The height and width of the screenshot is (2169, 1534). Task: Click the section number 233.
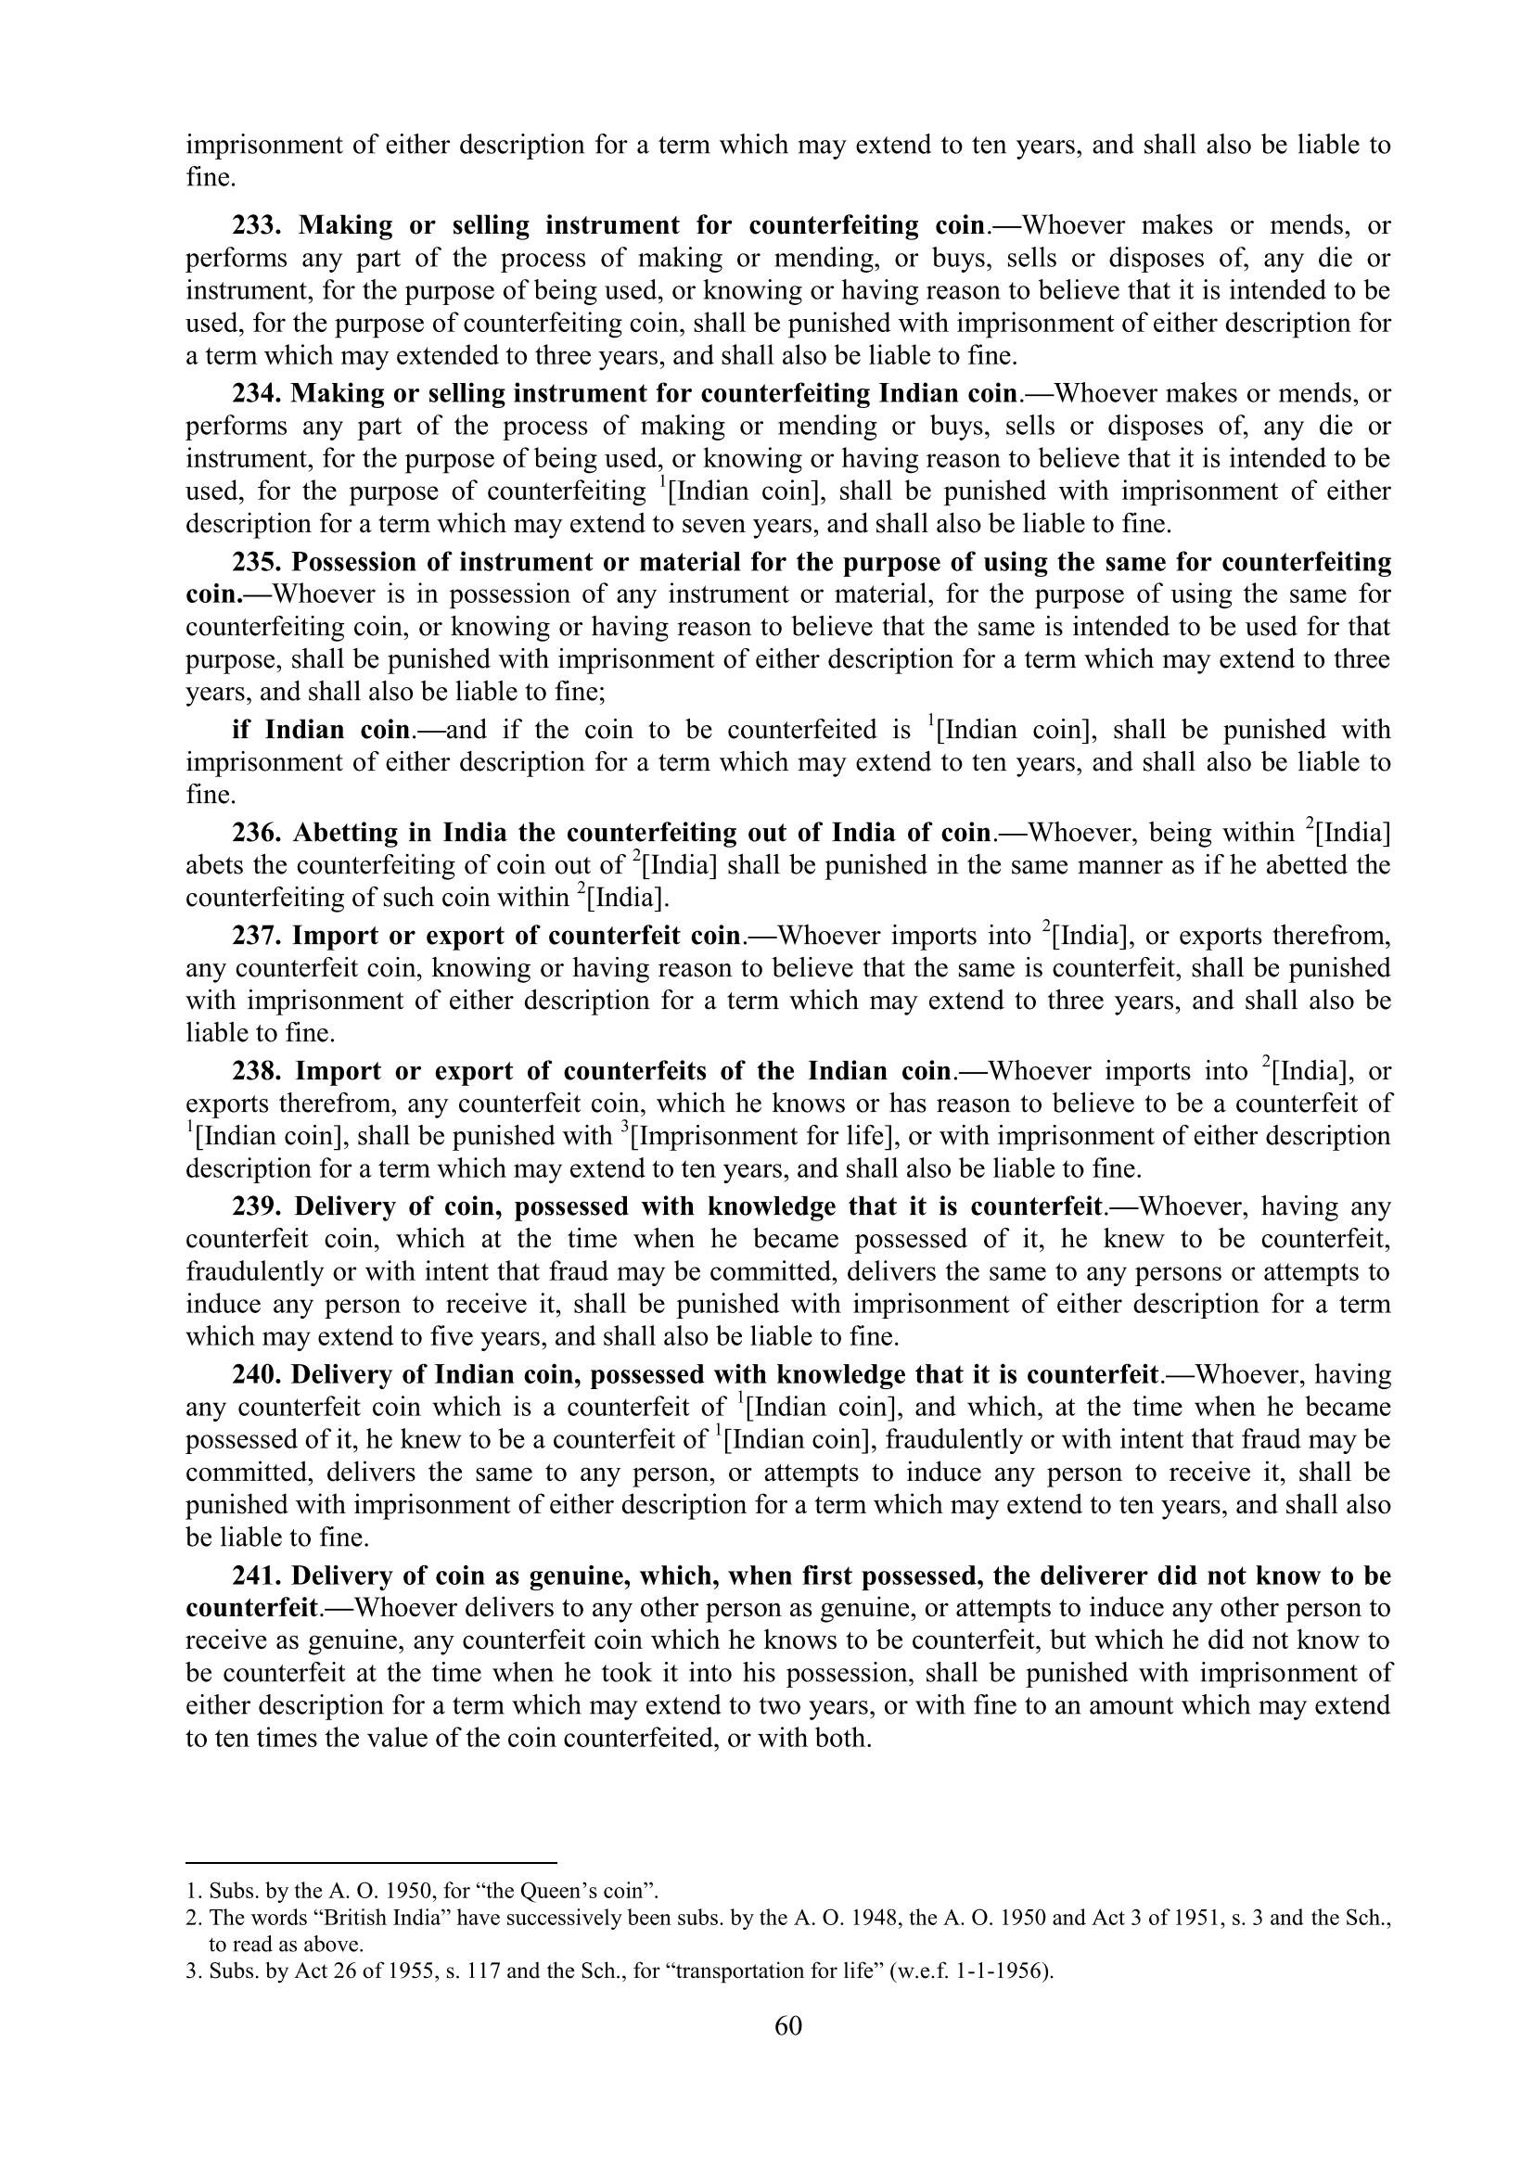point(258,225)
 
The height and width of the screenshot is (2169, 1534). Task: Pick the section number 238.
point(257,1071)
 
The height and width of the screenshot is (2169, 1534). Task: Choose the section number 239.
point(257,1206)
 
